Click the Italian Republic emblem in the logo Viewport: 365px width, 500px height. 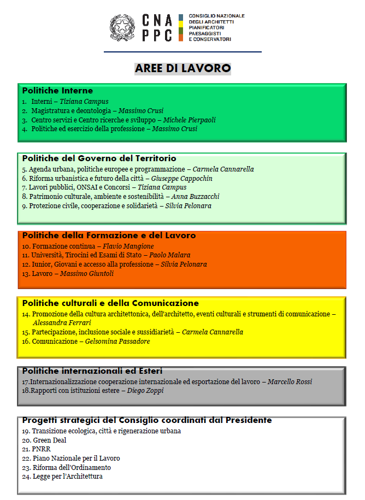(123, 27)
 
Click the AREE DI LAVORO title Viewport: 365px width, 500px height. (182, 68)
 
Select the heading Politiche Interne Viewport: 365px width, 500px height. (57, 91)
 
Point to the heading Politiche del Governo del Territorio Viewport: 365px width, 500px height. (99, 158)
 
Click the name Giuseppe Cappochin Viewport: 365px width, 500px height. (182, 178)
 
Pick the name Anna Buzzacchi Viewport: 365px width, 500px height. (196, 196)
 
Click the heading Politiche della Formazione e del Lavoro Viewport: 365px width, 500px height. (109, 236)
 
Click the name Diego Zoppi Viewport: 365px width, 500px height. (145, 391)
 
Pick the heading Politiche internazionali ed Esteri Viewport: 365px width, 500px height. (92, 371)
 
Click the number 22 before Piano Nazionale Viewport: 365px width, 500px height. (26, 458)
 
